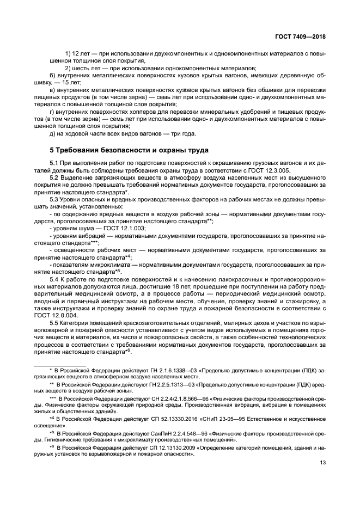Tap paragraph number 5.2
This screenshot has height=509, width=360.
coord(56,177)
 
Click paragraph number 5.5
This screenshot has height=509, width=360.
coord(56,323)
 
